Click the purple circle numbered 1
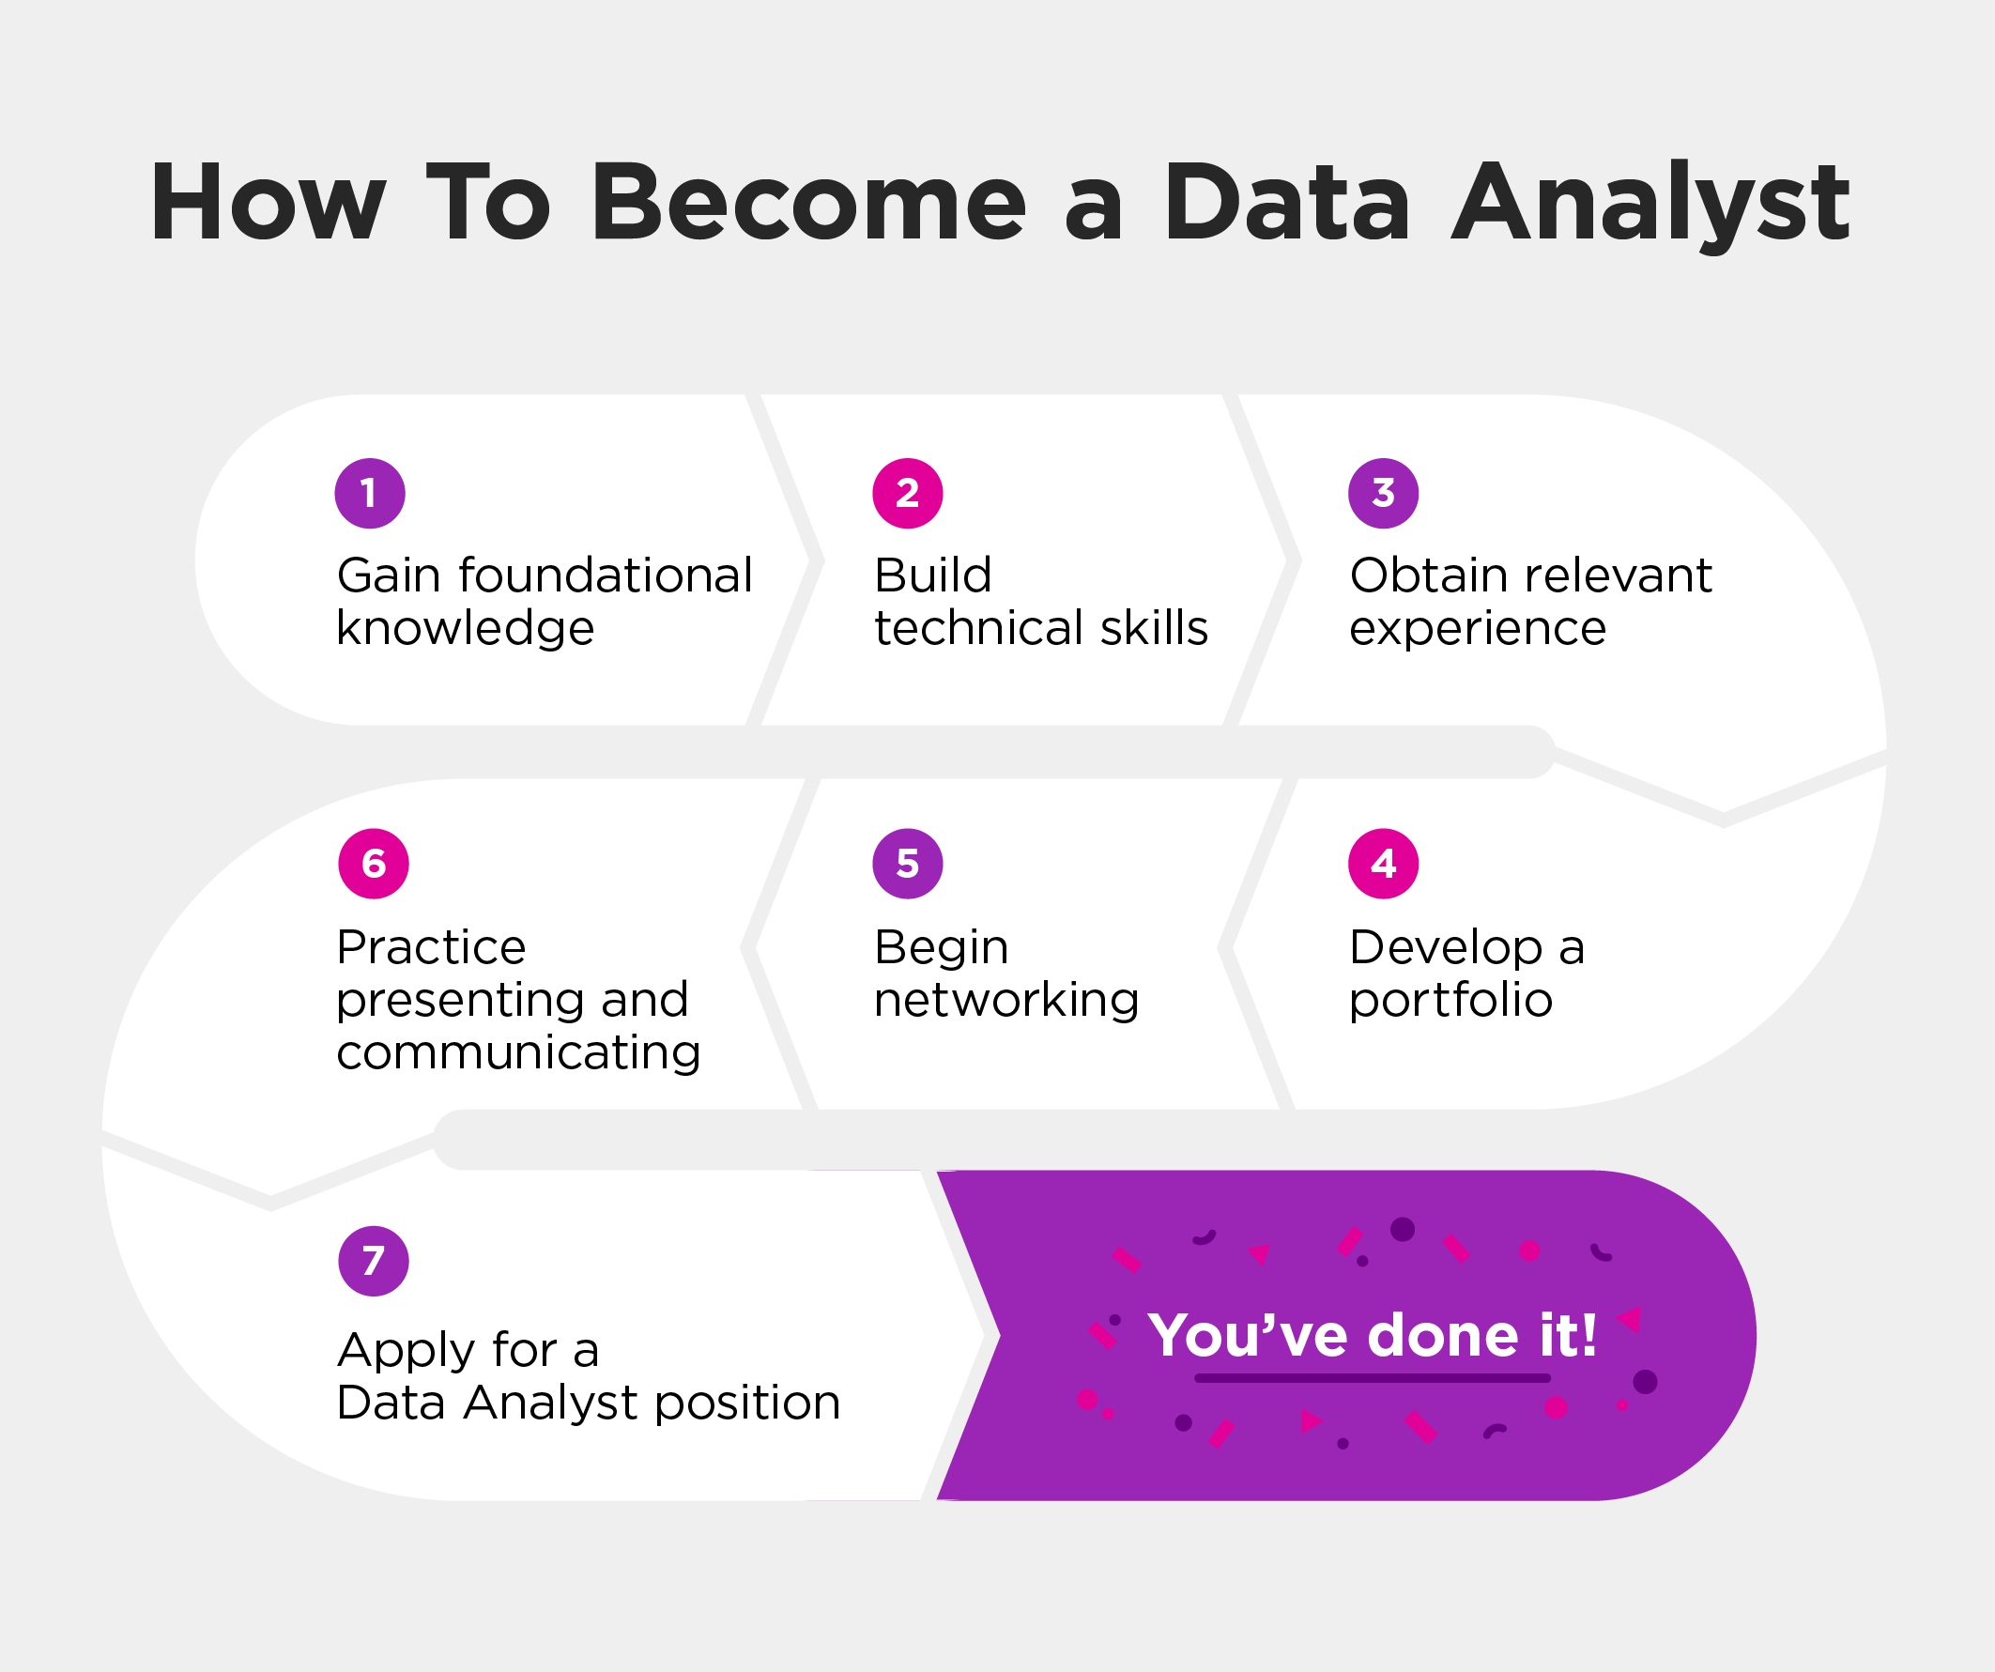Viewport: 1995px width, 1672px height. coord(370,493)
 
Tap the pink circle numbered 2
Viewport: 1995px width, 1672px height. coord(907,493)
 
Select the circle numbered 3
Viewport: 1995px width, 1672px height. coord(1383,493)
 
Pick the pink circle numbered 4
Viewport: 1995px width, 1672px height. coord(1383,864)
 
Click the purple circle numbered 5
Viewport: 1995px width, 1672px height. coord(907,864)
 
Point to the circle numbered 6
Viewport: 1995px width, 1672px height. coord(374,864)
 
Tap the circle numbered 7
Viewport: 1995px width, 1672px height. coord(374,1262)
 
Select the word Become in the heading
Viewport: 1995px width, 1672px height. coord(808,203)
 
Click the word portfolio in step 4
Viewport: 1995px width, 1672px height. coord(1450,1001)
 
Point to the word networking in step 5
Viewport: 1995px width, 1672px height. coord(1006,1001)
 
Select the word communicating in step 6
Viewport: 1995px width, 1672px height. coord(518,1053)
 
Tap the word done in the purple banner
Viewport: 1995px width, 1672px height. coord(1443,1335)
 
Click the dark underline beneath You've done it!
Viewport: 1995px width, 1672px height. coord(1372,1377)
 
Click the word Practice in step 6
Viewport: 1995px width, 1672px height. coord(431,947)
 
